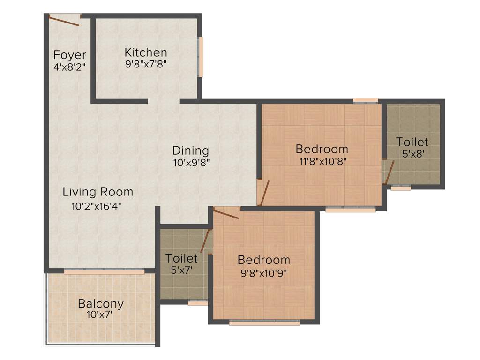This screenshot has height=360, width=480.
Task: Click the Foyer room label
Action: pos(69,54)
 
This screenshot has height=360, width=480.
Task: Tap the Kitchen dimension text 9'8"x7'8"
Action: pos(146,64)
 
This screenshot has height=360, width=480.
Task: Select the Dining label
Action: pos(190,150)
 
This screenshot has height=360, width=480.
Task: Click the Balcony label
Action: pos(101,303)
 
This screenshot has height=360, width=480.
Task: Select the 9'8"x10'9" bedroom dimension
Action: pos(263,272)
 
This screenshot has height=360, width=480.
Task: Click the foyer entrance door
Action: pos(64,20)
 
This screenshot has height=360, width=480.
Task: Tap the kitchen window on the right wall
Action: pos(201,57)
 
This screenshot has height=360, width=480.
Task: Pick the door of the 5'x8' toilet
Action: pos(389,172)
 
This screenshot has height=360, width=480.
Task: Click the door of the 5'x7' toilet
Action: pos(205,240)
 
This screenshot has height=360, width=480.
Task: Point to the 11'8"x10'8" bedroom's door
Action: pos(264,193)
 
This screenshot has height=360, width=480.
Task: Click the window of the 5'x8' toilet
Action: pos(401,187)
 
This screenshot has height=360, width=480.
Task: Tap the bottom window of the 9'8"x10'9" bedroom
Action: pos(264,322)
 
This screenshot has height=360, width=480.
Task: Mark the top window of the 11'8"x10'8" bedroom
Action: pos(366,100)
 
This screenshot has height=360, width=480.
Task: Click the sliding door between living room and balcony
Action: pos(104,271)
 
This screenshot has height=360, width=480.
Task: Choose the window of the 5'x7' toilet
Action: pos(197,303)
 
